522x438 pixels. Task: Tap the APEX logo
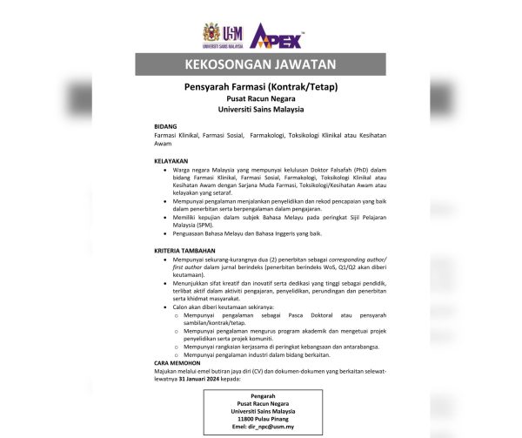(276, 36)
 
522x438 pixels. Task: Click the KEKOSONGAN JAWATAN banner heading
(260, 65)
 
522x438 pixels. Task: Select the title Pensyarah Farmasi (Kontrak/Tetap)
(260, 88)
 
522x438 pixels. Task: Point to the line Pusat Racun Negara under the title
(260, 100)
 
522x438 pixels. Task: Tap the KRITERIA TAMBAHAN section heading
(184, 251)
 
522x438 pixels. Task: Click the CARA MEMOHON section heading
(177, 362)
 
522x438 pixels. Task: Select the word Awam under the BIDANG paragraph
(163, 144)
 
